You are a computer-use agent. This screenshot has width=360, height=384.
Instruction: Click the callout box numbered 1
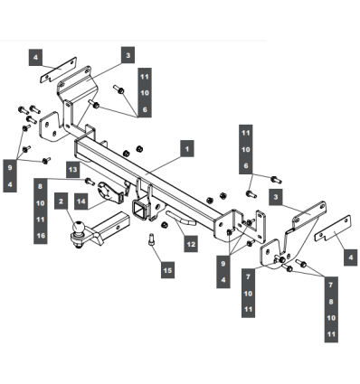click(x=187, y=148)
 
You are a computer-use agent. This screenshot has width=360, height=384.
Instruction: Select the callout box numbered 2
click(x=62, y=201)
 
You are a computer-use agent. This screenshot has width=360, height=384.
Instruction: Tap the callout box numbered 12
click(x=191, y=244)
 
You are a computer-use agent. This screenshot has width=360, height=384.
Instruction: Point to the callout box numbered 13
click(x=72, y=169)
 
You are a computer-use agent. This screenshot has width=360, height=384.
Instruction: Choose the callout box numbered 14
click(x=81, y=201)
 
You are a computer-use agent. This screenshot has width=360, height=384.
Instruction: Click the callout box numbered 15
click(x=167, y=270)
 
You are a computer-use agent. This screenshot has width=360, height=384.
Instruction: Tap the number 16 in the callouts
click(x=41, y=235)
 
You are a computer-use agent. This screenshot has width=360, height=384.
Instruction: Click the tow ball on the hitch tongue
click(x=79, y=227)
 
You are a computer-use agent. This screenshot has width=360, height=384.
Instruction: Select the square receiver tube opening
click(x=139, y=209)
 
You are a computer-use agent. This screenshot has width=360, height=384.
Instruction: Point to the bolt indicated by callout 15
click(x=152, y=240)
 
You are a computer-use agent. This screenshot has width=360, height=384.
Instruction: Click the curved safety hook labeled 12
click(x=181, y=218)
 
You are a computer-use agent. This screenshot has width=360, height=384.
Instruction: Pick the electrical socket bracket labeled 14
click(x=109, y=191)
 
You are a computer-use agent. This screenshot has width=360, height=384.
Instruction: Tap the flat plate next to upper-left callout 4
click(x=59, y=70)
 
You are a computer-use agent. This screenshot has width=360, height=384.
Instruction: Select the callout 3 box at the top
click(x=128, y=55)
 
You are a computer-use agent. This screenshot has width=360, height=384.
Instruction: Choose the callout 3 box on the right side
click(x=276, y=197)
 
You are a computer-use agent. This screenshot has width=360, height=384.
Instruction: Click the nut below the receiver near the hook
click(x=165, y=225)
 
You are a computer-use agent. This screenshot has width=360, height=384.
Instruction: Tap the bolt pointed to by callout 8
click(x=90, y=182)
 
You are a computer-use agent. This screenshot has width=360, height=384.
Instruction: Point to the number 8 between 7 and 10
click(x=331, y=302)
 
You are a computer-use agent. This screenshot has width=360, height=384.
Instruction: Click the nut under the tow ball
click(x=79, y=246)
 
